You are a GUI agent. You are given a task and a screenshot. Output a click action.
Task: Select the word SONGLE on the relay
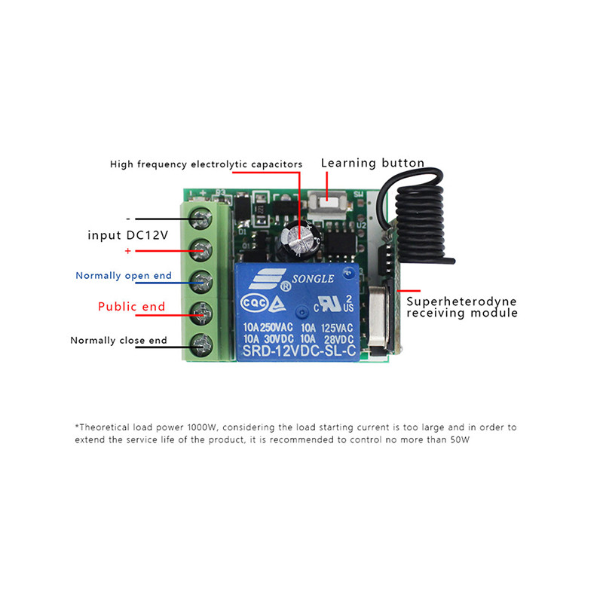308,278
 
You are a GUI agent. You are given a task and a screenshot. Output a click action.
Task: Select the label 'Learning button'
372,163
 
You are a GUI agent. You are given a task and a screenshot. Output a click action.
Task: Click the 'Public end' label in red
131,307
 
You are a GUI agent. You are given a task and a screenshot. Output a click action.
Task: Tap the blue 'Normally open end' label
124,275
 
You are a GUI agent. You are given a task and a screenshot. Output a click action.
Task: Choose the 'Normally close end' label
118,340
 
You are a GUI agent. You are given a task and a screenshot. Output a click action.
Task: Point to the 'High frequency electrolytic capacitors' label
206,164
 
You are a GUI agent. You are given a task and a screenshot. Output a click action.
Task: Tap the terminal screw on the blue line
203,280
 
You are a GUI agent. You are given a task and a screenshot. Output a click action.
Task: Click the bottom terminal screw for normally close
202,345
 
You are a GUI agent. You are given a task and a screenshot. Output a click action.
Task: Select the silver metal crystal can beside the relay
376,313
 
